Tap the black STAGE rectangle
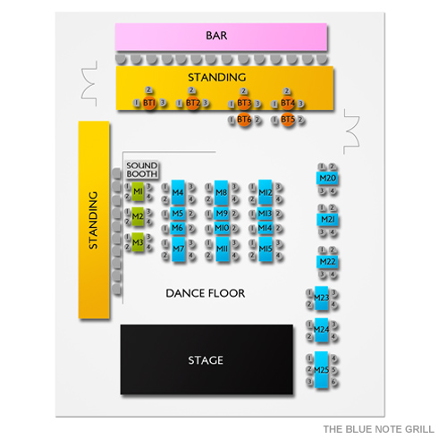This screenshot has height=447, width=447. (207, 360)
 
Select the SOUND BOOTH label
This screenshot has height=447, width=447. (141, 170)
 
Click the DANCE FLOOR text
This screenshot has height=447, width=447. (205, 293)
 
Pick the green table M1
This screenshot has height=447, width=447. (137, 191)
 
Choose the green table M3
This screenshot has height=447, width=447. (137, 241)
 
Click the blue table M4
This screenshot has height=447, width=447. (178, 191)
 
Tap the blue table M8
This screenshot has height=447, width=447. (222, 191)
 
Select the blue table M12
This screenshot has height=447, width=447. (266, 191)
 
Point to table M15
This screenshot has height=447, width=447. (266, 249)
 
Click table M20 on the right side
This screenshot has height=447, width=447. (327, 179)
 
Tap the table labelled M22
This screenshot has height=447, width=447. (327, 262)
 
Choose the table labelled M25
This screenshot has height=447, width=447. (322, 369)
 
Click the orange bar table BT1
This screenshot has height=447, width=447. (149, 104)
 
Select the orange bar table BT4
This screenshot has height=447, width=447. (287, 104)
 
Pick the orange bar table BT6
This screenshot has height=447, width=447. (244, 119)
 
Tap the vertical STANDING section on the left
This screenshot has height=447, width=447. (93, 220)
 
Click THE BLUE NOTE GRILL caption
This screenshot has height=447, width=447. (379, 427)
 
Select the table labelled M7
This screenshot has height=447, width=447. (178, 249)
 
